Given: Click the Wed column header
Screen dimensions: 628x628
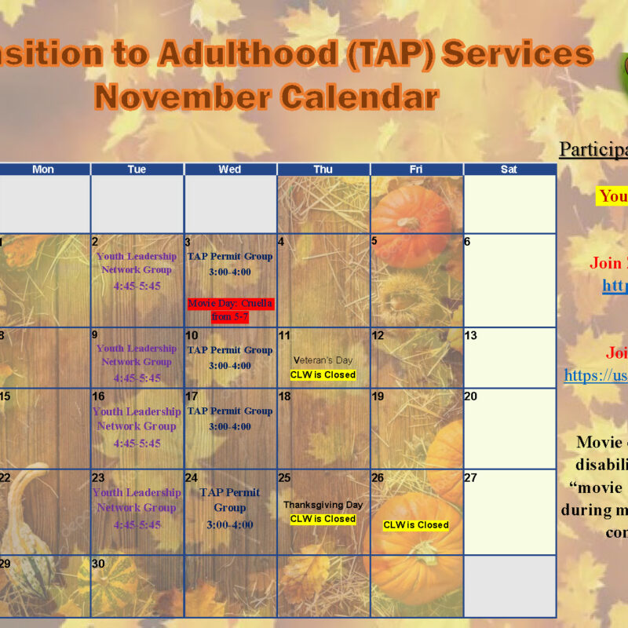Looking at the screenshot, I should tap(230, 170).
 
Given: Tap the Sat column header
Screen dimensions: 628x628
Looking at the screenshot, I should tap(509, 170).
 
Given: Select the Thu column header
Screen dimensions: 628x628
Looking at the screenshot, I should tap(323, 170).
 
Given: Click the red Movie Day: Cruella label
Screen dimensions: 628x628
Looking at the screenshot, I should tap(230, 310).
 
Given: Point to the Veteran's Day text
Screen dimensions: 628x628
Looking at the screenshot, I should tap(323, 360).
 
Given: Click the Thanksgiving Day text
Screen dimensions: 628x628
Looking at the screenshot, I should tap(323, 505).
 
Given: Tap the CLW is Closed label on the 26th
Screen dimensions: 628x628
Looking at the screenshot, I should tap(416, 525).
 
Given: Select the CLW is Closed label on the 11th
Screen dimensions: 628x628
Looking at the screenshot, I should tap(323, 375).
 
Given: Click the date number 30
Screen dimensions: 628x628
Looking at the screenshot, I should tap(98, 564).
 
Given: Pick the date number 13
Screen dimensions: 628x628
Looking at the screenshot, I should tap(470, 335).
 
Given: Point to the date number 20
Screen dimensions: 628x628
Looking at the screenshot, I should tap(470, 396).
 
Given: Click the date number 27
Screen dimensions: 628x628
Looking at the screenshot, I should tap(470, 478).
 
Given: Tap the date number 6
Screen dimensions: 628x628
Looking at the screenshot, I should tap(467, 242).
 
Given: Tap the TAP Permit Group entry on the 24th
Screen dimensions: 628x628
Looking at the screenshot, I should tap(230, 500).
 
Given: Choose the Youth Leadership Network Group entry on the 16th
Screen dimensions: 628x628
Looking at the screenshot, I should tap(137, 418).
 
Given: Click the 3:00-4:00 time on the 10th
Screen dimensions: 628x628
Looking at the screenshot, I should tap(230, 366).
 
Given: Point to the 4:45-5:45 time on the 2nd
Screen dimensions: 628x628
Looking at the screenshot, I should tap(137, 286).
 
